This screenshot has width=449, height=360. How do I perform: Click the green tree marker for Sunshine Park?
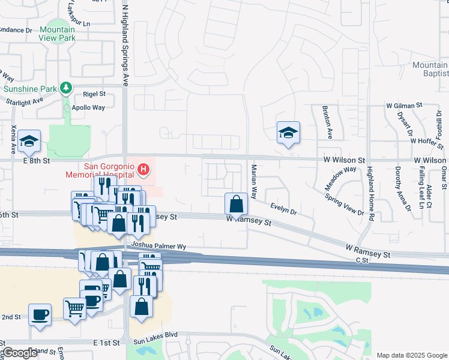click(66, 89)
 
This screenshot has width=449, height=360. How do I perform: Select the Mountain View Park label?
click(58, 34)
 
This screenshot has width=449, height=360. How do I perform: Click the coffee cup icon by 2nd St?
click(40, 314)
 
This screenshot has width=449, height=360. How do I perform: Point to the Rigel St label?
click(94, 94)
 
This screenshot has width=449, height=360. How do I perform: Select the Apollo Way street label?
click(88, 108)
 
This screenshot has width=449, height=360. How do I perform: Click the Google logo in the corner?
click(20, 353)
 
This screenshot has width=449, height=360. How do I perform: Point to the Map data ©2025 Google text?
click(411, 355)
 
